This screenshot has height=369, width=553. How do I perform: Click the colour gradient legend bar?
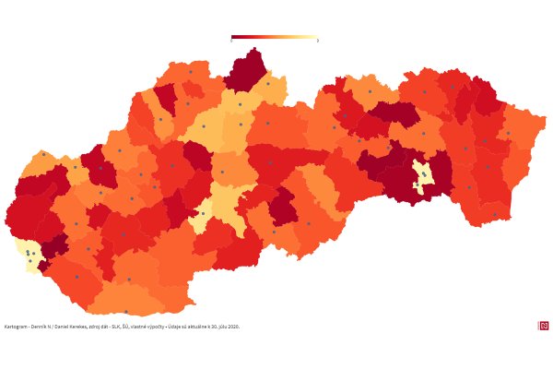click(274, 38)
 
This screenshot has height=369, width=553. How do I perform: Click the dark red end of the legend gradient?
click(234, 38)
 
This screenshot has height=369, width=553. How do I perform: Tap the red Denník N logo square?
click(543, 326)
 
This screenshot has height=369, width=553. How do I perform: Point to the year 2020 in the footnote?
click(234, 326)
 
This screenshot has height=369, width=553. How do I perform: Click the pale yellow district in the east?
click(423, 175)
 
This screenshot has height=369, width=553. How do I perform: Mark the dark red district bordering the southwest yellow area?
click(54, 245)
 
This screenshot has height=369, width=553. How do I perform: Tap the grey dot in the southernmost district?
click(126, 312)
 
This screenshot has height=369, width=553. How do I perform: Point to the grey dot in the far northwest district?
click(43, 155)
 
